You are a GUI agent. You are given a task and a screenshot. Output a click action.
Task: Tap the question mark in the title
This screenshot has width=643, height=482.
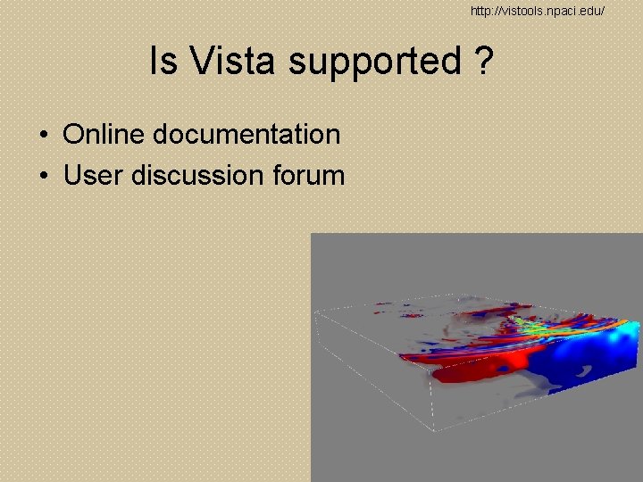pyautogui.click(x=483, y=62)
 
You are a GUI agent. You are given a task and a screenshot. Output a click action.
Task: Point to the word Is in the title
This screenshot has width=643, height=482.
pyautogui.click(x=163, y=62)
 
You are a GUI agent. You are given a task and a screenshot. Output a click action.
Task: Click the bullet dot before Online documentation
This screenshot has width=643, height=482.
pyautogui.click(x=44, y=136)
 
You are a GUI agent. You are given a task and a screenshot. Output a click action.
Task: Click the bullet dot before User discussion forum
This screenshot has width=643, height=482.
pyautogui.click(x=44, y=176)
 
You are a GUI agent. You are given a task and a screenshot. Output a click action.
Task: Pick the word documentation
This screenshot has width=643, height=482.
pyautogui.click(x=246, y=135)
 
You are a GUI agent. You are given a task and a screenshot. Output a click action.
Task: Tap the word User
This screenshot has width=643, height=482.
pyautogui.click(x=94, y=175)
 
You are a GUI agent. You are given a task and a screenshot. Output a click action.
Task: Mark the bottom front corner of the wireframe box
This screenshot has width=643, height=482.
pyautogui.click(x=435, y=430)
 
